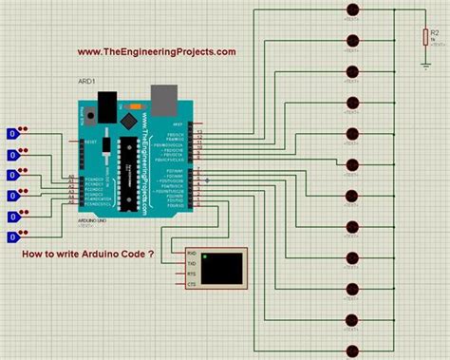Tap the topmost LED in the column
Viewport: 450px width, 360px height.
coord(354,9)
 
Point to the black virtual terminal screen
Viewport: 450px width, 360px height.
coord(227,267)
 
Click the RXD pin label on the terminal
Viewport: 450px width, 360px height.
coord(191,254)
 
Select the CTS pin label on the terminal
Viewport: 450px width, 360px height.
coord(191,283)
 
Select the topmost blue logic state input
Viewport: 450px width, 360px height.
coord(12,134)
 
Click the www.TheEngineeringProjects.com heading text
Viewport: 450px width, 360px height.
coord(157,52)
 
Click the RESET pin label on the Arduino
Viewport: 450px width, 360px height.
coord(91,142)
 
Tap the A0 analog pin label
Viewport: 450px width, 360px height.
coord(72,176)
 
